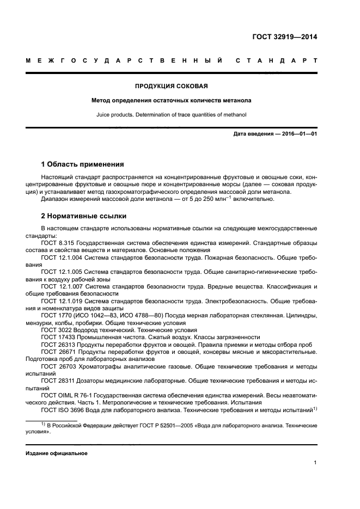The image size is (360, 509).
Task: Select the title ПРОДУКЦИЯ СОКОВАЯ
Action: pyautogui.click(x=171, y=86)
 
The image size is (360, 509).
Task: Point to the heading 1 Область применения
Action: pyautogui.click(x=83, y=164)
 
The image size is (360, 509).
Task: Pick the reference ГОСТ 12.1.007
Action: pyautogui.click(x=60, y=286)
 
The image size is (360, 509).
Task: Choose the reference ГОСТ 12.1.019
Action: pyautogui.click(x=60, y=300)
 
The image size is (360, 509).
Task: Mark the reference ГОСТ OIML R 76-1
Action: pyautogui.click(x=65, y=394)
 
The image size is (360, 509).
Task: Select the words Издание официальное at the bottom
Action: pyautogui.click(x=57, y=453)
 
